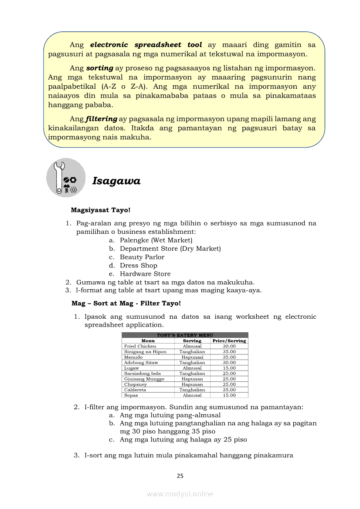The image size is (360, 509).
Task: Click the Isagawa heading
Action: pos(116,181)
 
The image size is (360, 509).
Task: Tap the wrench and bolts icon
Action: pos(66,178)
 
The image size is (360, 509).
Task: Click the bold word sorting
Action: pos(100,68)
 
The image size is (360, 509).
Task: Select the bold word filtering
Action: pos(102,119)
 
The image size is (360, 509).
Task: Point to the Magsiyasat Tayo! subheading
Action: pos(101,210)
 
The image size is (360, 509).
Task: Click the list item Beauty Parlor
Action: pos(142,257)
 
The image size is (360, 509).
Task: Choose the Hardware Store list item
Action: pos(145,273)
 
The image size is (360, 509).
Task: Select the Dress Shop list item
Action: pos(139,265)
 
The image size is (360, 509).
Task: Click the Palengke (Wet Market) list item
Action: pos(156,240)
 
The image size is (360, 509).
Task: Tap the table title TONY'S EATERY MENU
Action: pos(185,335)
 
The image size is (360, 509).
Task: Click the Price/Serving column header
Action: pos(229,340)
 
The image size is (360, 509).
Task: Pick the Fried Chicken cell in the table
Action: pos(140,346)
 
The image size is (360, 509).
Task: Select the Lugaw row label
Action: pos(132,368)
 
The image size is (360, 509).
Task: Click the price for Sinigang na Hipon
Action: pos(229,351)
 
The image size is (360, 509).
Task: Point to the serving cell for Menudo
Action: pos(192,357)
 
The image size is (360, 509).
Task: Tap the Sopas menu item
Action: pos(131,395)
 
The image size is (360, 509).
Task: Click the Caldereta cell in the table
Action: pos(135,390)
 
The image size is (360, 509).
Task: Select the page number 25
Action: pos(180,476)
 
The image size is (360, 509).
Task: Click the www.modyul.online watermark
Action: pos(180,494)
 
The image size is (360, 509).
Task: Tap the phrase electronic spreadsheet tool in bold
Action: pos(146,45)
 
